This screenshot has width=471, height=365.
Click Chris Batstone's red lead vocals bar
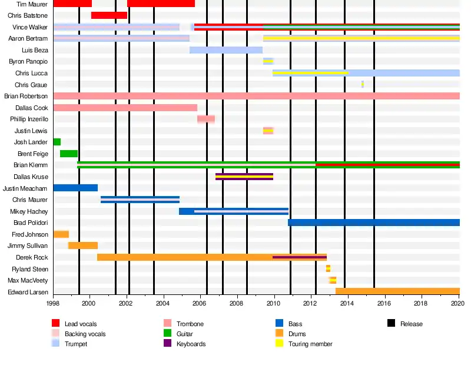point(109,15)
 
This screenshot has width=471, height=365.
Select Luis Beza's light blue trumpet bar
point(226,50)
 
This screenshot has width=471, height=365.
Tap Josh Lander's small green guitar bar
point(57,142)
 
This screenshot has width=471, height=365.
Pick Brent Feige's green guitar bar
point(69,154)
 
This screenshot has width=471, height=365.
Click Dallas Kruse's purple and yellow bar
point(244,177)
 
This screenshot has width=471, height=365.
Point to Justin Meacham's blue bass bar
point(75,188)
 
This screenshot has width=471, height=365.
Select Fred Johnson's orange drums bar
point(61,234)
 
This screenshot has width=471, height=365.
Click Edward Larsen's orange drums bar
point(397,291)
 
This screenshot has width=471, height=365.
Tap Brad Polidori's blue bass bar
point(374,223)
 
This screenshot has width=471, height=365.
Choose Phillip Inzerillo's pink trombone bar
point(206,119)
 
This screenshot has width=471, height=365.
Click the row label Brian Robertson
point(26,96)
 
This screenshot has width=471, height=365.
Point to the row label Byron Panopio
point(28,61)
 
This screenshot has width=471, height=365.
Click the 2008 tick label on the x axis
point(236,303)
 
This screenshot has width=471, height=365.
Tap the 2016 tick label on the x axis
point(384,303)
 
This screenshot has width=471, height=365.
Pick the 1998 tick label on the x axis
point(53,303)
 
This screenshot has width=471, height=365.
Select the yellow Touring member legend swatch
point(279,344)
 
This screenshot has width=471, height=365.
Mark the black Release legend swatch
point(391,324)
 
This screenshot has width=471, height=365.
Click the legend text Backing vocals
point(85,334)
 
